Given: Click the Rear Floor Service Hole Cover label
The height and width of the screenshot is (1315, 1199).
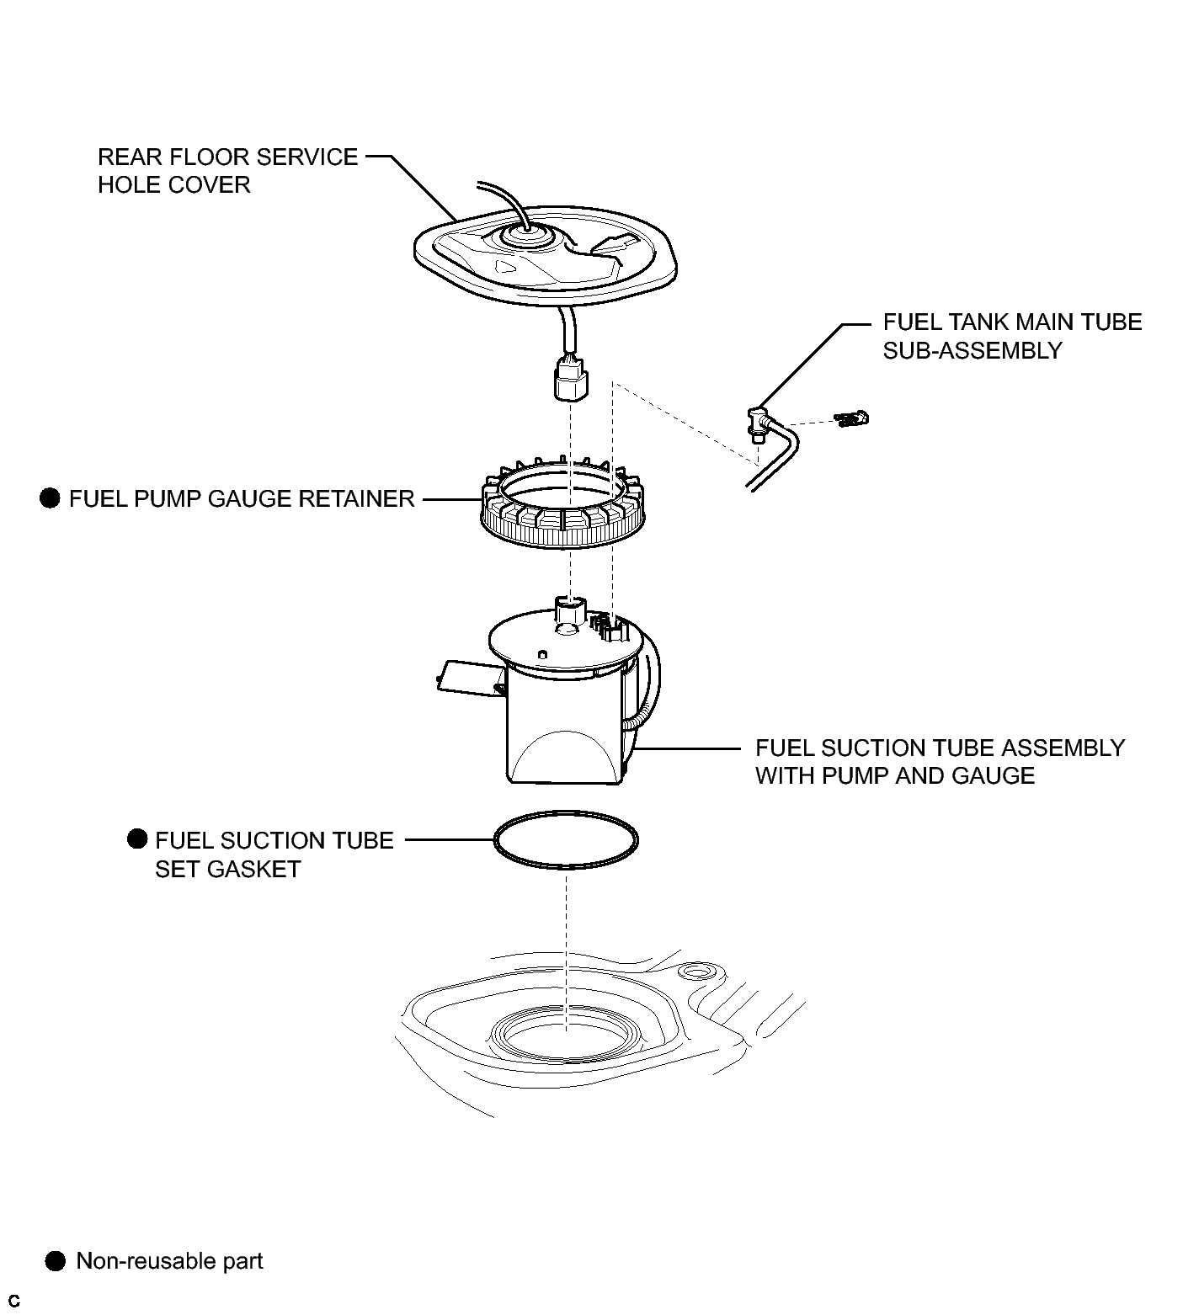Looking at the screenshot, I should tap(227, 171).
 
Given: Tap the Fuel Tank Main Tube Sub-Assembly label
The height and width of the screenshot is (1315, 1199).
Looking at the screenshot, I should tap(1012, 336).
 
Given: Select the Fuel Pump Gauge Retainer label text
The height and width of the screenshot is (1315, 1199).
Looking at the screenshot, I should tap(242, 499).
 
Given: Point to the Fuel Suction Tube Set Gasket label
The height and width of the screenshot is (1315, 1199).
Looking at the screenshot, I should tap(274, 854).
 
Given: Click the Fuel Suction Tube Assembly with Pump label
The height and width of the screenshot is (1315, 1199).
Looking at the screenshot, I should tap(940, 762).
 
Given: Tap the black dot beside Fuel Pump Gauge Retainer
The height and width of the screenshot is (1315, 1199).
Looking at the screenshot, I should tap(51, 498).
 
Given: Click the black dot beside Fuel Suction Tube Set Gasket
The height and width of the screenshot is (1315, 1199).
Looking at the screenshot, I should tap(137, 839).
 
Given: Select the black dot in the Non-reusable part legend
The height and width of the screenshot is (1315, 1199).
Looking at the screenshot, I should tap(56, 1261).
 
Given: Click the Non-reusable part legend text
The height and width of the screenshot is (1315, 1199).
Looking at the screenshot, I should tap(169, 1261).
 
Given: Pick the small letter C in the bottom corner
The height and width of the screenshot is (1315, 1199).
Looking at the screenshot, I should tap(14, 1302).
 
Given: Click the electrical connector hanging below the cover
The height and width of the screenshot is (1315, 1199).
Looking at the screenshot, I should tap(571, 381).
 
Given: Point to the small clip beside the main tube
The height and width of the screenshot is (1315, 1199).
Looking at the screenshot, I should tap(852, 418).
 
